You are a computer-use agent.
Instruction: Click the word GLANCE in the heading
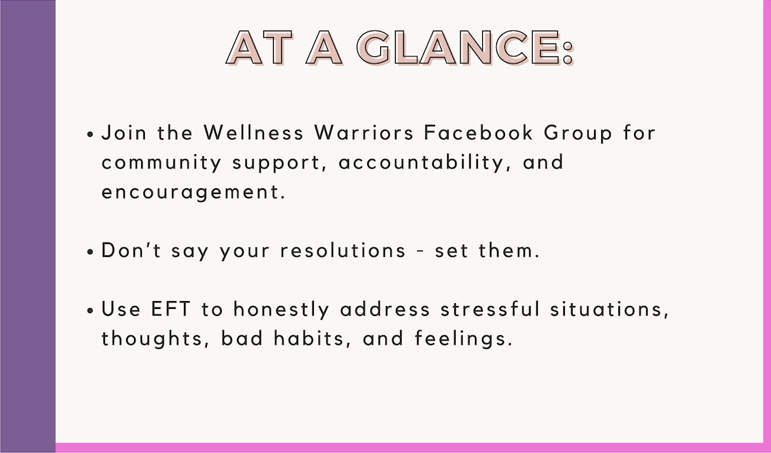459,48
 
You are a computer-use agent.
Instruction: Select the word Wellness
253,133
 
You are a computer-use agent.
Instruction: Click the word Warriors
364,133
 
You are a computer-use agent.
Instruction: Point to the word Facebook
479,133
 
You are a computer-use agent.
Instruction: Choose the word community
161,163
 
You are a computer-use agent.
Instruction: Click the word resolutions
343,251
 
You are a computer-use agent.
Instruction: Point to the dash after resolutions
420,252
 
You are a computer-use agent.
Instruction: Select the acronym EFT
170,310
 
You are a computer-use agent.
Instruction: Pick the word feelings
462,340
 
